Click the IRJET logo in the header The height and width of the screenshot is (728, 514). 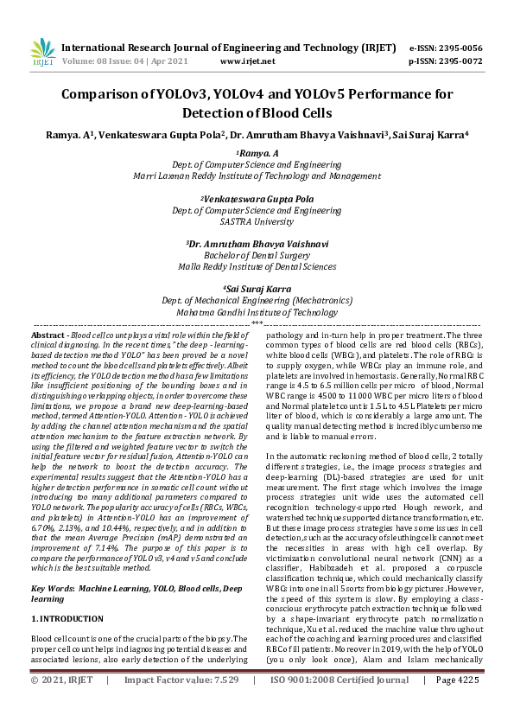pyautogui.click(x=42, y=54)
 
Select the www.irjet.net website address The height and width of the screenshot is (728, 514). pyautogui.click(x=248, y=61)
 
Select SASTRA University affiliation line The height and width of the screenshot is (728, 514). pyautogui.click(x=257, y=221)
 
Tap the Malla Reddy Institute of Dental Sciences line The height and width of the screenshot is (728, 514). pyautogui.click(x=257, y=267)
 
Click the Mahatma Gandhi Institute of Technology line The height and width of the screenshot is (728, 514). pyautogui.click(x=257, y=312)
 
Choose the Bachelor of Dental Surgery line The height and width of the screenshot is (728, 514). pyautogui.click(x=257, y=256)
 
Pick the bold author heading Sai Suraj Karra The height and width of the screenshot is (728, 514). pyautogui.click(x=257, y=289)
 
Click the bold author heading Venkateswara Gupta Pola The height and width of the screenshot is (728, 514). pyautogui.click(x=257, y=198)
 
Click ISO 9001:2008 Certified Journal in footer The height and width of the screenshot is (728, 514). pyautogui.click(x=339, y=705)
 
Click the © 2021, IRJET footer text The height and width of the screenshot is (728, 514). pyautogui.click(x=60, y=705)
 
